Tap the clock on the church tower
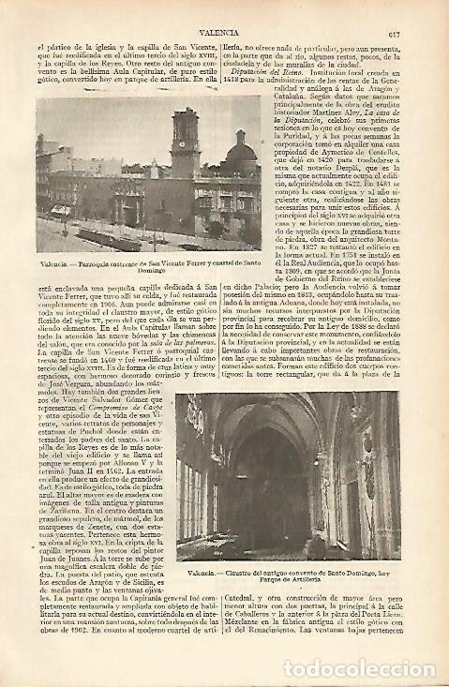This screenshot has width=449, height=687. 187,145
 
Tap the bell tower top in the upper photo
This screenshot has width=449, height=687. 186,118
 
